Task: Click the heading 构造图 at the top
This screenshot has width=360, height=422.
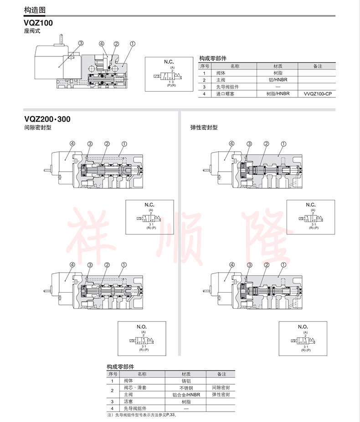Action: (x=35, y=10)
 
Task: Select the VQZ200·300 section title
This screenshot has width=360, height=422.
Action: (x=47, y=120)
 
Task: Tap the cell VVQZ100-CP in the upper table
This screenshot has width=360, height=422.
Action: (x=316, y=94)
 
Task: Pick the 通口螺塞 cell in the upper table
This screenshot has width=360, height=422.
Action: (x=225, y=94)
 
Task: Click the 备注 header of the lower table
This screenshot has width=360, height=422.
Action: (x=221, y=374)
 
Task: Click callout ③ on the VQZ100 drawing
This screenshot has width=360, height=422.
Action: (x=81, y=43)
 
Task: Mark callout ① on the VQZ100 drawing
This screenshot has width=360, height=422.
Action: (x=132, y=44)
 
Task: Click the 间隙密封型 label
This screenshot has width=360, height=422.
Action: (x=38, y=128)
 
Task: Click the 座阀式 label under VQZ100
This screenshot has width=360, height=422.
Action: (x=32, y=31)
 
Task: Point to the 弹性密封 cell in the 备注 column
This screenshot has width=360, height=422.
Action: (x=221, y=395)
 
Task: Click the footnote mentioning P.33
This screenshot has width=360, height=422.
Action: (x=141, y=415)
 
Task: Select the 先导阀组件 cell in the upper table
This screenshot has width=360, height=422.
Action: (x=227, y=87)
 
